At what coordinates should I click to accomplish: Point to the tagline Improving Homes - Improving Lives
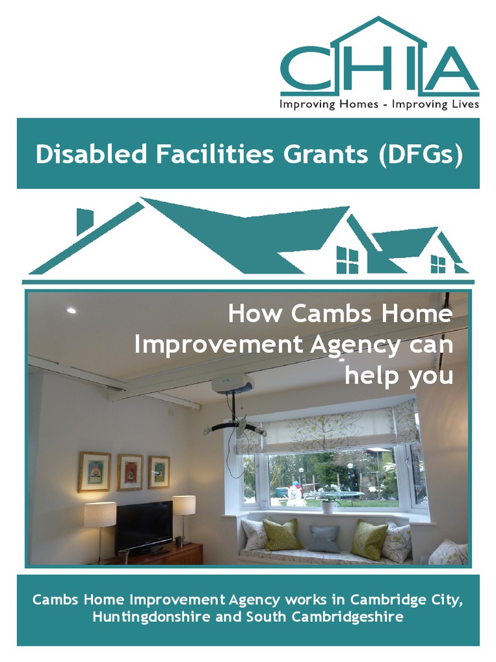pyautogui.click(x=379, y=104)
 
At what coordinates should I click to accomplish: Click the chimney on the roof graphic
pyautogui.click(x=84, y=220)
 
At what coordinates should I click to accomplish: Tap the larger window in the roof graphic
pyautogui.click(x=347, y=260)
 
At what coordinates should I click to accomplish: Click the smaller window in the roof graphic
pyautogui.click(x=438, y=264)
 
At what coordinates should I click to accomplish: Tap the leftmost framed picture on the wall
pyautogui.click(x=94, y=471)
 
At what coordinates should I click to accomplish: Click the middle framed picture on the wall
pyautogui.click(x=130, y=472)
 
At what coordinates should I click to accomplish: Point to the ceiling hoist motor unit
pyautogui.click(x=232, y=384)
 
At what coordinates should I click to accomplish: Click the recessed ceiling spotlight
pyautogui.click(x=71, y=310)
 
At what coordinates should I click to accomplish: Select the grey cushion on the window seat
pyautogui.click(x=324, y=538)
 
